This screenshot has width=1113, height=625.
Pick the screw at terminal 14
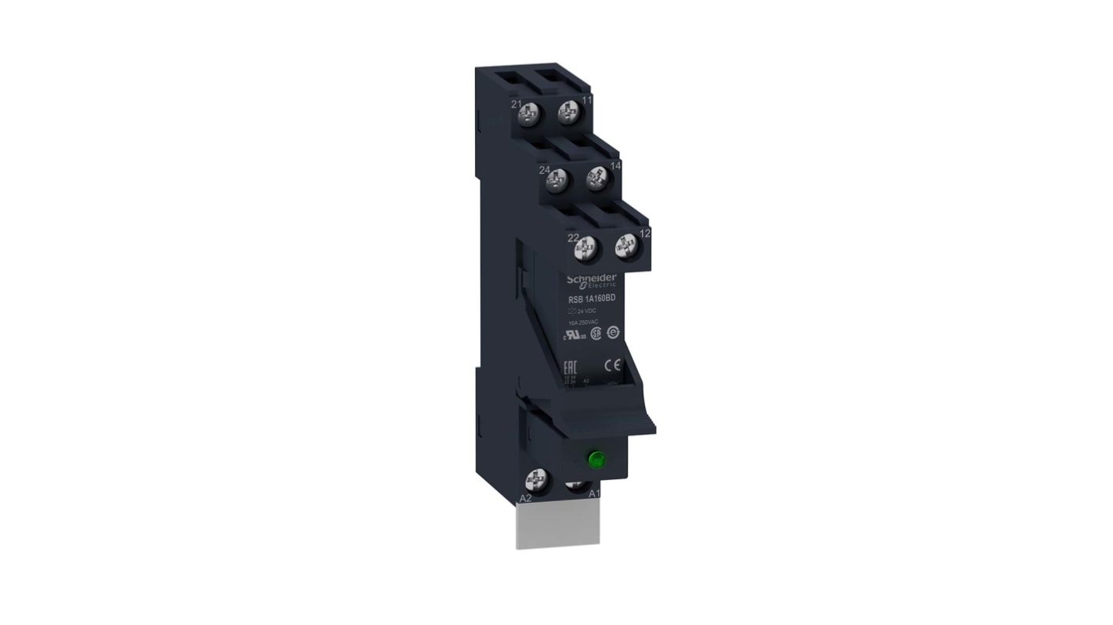pyautogui.click(x=598, y=179)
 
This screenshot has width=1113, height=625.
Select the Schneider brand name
pyautogui.click(x=592, y=279)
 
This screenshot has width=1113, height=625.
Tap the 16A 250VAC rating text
pyautogui.click(x=584, y=322)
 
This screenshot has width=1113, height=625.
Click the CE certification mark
pyautogui.click(x=613, y=363)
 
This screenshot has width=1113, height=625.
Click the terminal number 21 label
pyautogui.click(x=516, y=104)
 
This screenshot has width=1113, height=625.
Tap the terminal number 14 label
pyautogui.click(x=615, y=166)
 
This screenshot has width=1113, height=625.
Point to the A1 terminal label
pyautogui.click(x=594, y=493)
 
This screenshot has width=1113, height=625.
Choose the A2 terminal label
pyautogui.click(x=526, y=497)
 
